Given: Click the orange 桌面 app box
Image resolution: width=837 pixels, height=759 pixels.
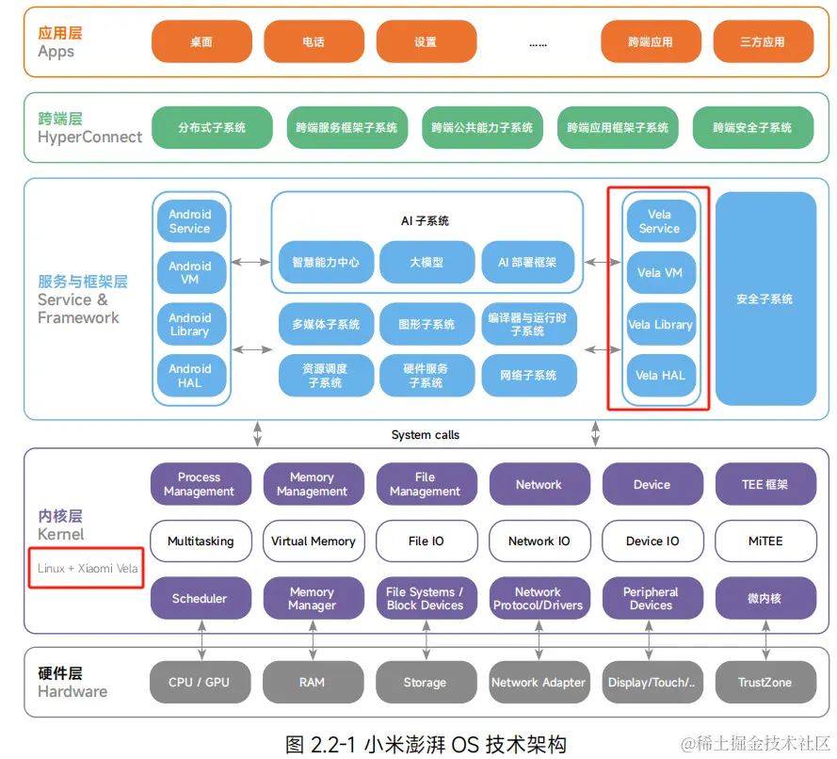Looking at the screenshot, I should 201,41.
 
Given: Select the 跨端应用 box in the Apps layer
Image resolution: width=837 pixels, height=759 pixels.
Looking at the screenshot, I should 651,41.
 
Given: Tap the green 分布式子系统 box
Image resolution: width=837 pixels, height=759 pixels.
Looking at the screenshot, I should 212,127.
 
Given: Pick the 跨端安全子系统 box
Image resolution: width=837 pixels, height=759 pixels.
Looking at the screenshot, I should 752,127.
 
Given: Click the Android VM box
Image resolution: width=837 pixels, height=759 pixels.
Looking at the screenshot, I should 190,273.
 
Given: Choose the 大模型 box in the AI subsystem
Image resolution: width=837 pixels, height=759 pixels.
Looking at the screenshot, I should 426,262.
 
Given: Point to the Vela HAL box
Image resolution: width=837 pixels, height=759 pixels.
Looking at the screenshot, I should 660,376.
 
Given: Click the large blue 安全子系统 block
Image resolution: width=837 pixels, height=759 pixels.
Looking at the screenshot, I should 765,299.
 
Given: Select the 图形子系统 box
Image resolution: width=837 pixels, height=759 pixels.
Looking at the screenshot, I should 426,324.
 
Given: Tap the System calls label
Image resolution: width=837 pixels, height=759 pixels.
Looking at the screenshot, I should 426,435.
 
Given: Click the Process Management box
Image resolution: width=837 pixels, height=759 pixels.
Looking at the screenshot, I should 200,484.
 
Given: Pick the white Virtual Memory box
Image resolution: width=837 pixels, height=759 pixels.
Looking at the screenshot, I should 313,541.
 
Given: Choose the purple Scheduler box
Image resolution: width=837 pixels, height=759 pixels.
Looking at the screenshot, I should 200,599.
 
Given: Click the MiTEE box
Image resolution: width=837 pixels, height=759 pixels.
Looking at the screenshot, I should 765,541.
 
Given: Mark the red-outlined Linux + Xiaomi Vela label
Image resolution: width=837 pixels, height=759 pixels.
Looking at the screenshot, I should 87,569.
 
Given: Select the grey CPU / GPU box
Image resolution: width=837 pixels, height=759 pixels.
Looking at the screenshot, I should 200,683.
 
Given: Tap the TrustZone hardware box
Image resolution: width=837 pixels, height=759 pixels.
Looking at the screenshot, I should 765,683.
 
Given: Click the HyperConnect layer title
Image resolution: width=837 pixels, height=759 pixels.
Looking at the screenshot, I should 89,137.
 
